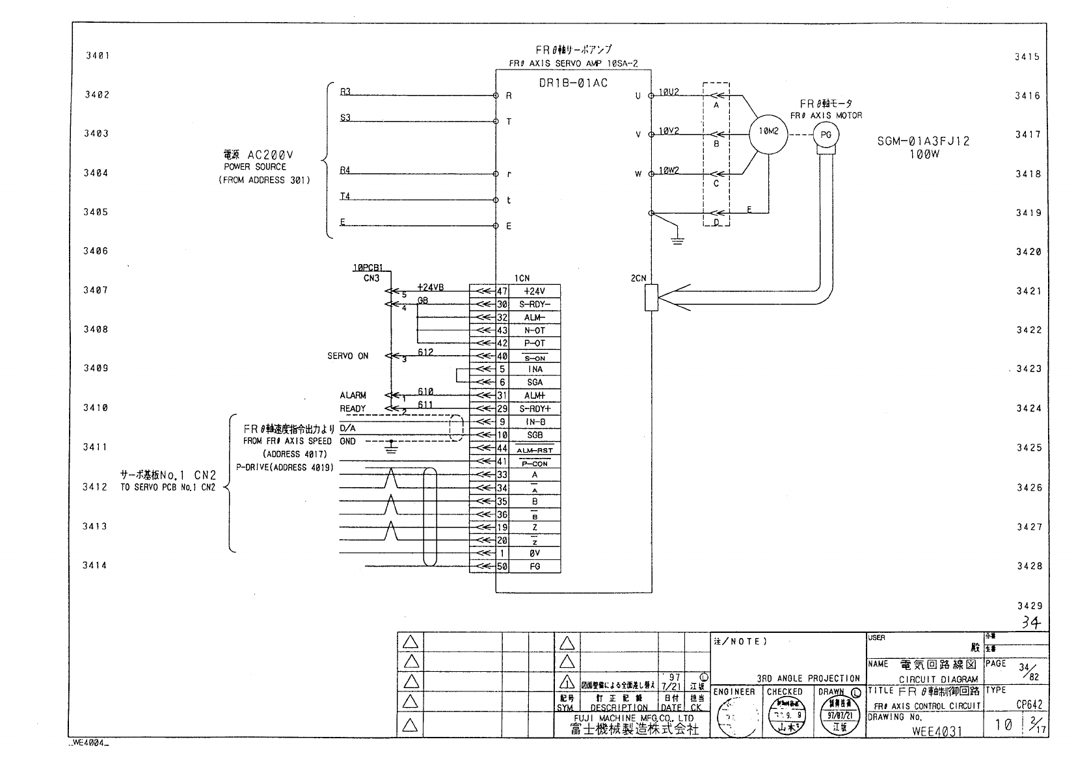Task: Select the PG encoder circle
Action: point(826,135)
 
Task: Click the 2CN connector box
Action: point(651,297)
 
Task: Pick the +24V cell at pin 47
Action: point(534,291)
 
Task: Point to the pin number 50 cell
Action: point(502,567)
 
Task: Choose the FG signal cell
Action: point(534,567)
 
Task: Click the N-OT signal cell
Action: point(534,330)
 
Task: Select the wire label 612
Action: point(425,352)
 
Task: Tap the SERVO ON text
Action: point(347,356)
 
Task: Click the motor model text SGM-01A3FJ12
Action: point(923,141)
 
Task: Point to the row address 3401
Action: point(97,55)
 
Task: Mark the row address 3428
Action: point(1029,566)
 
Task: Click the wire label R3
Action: point(345,92)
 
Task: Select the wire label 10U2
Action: point(669,92)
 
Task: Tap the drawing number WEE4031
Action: point(937,731)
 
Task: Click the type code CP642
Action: point(1029,704)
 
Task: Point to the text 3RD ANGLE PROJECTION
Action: point(808,678)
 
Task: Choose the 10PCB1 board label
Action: point(368,267)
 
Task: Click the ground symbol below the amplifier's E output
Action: point(677,239)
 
